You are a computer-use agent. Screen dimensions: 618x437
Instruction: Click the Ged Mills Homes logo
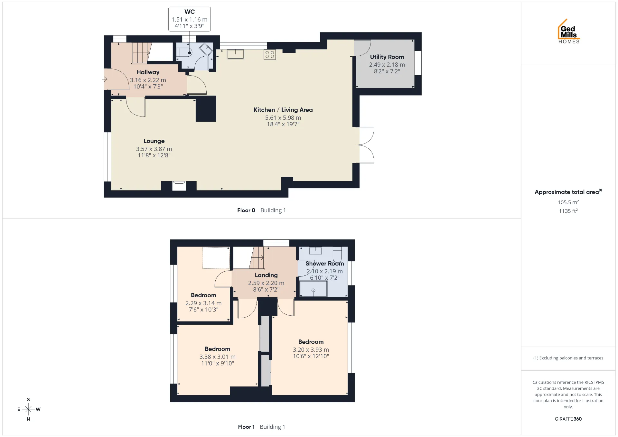point(569,31)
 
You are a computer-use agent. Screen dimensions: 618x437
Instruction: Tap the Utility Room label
point(387,57)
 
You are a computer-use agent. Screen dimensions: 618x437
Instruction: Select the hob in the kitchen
point(270,54)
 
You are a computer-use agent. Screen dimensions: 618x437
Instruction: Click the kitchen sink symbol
point(235,54)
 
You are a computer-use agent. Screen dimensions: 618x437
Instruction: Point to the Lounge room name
point(154,141)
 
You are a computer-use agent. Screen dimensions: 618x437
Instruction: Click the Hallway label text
point(148,72)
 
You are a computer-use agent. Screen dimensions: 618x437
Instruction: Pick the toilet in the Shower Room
point(337,255)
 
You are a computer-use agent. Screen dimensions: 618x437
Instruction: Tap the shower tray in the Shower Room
point(313,289)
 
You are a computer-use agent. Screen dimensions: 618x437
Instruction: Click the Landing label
point(266,275)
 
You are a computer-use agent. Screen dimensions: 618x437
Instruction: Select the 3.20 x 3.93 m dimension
point(311,349)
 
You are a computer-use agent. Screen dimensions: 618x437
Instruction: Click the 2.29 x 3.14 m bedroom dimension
point(203,303)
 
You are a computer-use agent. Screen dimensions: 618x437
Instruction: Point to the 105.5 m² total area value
point(568,202)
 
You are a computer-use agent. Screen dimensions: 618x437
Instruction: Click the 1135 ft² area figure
point(568,211)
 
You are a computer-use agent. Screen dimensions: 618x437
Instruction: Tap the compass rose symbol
point(28,409)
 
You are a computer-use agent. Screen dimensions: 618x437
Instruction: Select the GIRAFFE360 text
point(568,419)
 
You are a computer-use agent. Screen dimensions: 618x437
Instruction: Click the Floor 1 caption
point(246,427)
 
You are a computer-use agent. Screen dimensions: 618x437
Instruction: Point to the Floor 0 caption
point(246,210)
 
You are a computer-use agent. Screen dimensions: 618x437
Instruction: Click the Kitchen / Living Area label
point(283,110)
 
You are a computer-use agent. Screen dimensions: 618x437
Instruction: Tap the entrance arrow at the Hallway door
point(105,79)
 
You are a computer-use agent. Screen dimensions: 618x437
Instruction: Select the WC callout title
point(190,12)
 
